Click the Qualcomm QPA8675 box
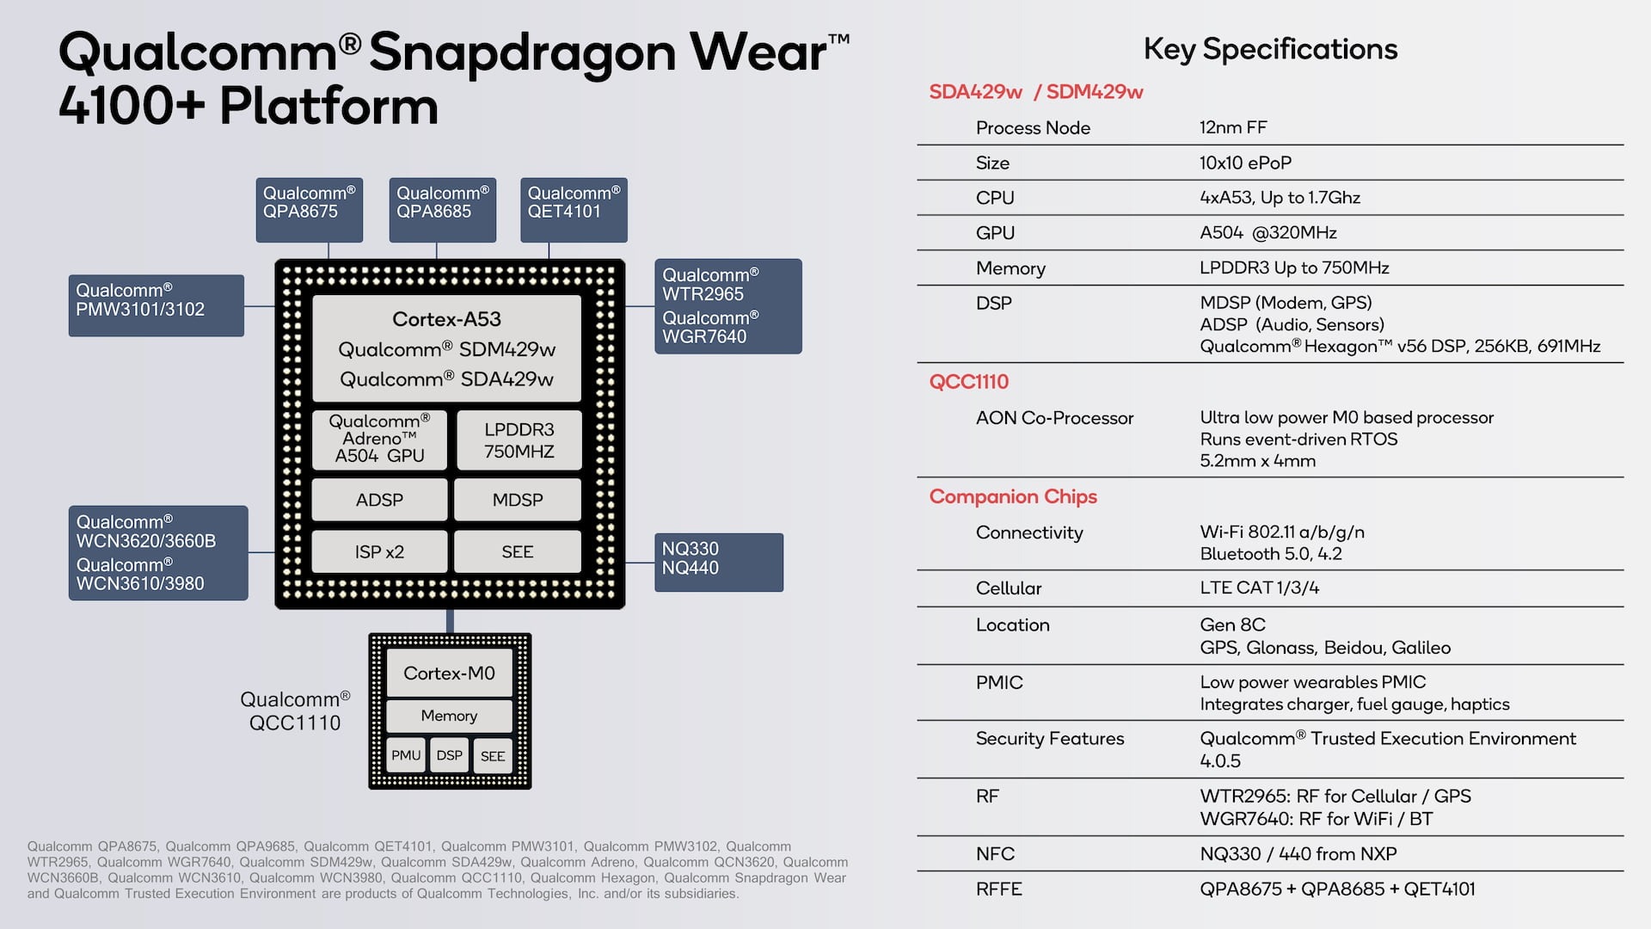pyautogui.click(x=310, y=210)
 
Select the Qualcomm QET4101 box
pyautogui.click(x=574, y=210)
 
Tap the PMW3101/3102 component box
pyautogui.click(x=157, y=305)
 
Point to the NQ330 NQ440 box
pyautogui.click(x=719, y=563)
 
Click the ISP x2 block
pyautogui.click(x=379, y=551)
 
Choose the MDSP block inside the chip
pyautogui.click(x=518, y=500)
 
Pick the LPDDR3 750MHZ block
pyautogui.click(x=519, y=440)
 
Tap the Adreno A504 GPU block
pyautogui.click(x=379, y=440)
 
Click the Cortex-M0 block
pyautogui.click(x=449, y=674)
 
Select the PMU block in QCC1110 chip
pyautogui.click(x=406, y=755)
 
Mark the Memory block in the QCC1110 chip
pyautogui.click(x=449, y=716)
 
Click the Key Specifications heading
pyautogui.click(x=1270, y=50)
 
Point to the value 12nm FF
pyautogui.click(x=1233, y=127)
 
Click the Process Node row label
pyautogui.click(x=1033, y=128)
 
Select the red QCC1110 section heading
pyautogui.click(x=969, y=382)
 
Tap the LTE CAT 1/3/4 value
pyautogui.click(x=1260, y=588)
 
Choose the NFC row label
pyautogui.click(x=995, y=854)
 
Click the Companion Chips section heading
pyautogui.click(x=1013, y=497)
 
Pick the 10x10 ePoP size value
pyautogui.click(x=1245, y=163)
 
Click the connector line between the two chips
pyautogui.click(x=450, y=621)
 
